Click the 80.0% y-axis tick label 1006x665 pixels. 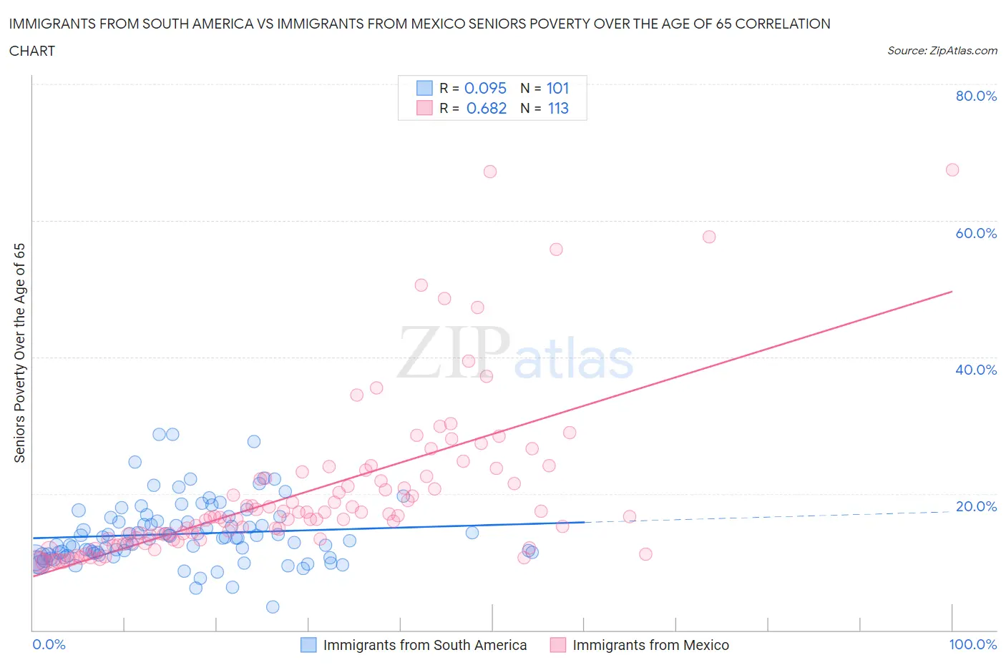976,96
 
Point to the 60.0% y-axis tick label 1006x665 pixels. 976,233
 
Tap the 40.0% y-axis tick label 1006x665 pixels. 976,370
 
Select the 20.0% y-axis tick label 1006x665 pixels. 976,506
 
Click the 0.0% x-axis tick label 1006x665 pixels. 49,644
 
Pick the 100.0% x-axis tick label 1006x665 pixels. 972,644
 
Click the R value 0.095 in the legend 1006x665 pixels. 485,88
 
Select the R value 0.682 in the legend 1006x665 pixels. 486,108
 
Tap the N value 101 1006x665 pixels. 557,88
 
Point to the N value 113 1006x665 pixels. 557,108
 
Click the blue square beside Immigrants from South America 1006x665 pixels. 308,645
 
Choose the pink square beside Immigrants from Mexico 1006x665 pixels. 558,645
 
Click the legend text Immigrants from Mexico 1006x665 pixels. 650,645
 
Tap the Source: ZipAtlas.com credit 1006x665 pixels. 942,50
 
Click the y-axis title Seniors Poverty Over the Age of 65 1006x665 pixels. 20,353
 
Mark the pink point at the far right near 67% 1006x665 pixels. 952,169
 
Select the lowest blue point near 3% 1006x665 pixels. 273,607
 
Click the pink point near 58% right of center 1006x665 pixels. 709,237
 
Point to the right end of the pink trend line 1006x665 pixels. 952,292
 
